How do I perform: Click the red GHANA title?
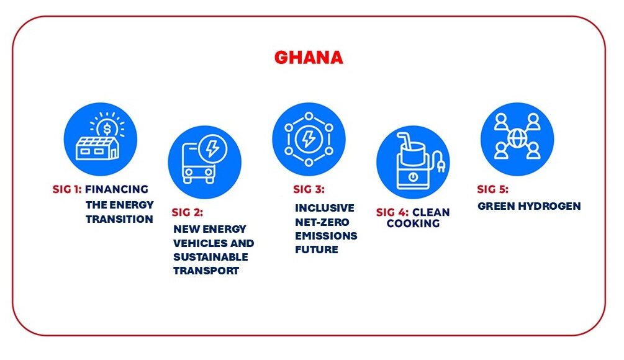309,58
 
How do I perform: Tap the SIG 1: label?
67,189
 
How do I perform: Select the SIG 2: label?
188,212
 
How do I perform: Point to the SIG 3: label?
309,189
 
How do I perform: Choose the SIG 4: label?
392,212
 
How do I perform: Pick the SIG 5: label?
492,189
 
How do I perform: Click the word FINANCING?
117,189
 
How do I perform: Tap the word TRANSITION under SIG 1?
119,219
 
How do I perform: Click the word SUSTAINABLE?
210,257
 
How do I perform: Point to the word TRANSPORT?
206,271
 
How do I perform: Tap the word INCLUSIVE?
325,208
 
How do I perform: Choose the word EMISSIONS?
327,236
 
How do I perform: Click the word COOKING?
413,223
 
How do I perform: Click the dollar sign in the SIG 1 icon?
107,128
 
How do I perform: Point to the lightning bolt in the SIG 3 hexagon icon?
309,139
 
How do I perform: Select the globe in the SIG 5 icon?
517,138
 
